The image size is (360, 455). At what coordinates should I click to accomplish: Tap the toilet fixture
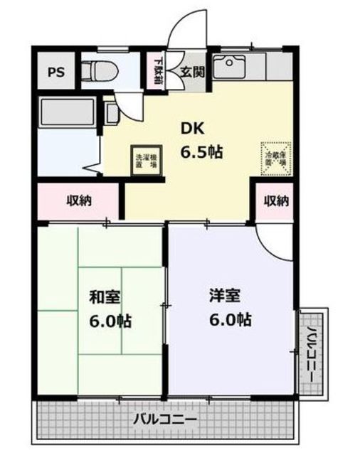tap(93, 70)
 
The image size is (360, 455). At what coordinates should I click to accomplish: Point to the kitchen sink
tap(230, 68)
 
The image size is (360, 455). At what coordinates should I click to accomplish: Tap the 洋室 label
tap(222, 293)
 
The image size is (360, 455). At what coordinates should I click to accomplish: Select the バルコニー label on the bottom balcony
tap(165, 419)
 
